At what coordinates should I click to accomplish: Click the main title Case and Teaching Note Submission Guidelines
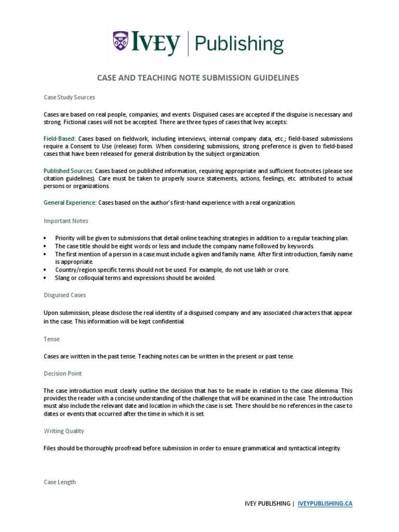pyautogui.click(x=199, y=78)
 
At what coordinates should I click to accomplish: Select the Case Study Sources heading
pyautogui.click(x=69, y=97)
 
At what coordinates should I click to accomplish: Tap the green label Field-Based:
pyautogui.click(x=60, y=139)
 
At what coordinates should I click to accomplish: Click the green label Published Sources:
pyautogui.click(x=68, y=170)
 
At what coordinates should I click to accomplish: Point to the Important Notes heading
pyautogui.click(x=65, y=220)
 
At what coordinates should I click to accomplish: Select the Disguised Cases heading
pyautogui.click(x=65, y=295)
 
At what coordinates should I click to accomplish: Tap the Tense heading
pyautogui.click(x=51, y=339)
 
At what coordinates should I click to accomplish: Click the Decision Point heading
pyautogui.click(x=62, y=373)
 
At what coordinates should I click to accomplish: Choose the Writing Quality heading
pyautogui.click(x=63, y=431)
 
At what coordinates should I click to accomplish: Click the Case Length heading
pyautogui.click(x=60, y=482)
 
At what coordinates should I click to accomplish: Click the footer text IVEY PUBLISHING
pyautogui.click(x=268, y=503)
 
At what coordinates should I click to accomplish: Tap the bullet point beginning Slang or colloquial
pyautogui.click(x=135, y=277)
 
